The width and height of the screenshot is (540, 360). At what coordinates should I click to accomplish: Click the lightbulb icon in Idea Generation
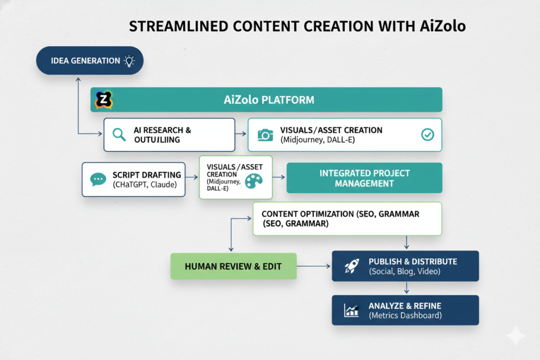(129, 61)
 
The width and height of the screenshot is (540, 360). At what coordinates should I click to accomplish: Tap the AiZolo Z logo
(104, 100)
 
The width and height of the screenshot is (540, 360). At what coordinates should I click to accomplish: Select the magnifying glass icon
(120, 135)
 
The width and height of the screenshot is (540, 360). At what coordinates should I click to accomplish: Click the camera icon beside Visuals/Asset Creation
(265, 135)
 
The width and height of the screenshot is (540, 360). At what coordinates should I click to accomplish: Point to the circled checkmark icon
(427, 135)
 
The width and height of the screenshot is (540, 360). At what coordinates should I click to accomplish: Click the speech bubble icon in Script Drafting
(99, 180)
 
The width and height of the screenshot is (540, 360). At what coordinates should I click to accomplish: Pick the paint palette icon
(254, 181)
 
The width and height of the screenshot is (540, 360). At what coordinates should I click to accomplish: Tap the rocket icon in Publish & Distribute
(351, 266)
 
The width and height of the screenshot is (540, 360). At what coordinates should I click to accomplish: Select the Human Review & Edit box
(233, 266)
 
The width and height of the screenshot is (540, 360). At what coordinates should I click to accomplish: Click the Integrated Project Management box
(364, 178)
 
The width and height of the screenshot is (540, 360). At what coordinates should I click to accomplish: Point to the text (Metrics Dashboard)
(405, 315)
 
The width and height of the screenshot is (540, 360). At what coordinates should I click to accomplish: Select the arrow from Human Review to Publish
(314, 266)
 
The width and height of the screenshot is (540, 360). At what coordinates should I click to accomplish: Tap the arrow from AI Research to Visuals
(241, 135)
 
